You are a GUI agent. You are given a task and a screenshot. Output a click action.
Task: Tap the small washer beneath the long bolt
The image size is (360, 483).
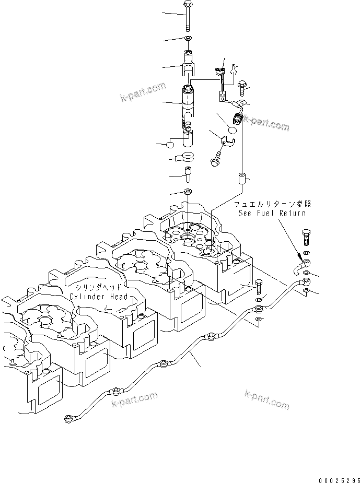(x=188, y=39)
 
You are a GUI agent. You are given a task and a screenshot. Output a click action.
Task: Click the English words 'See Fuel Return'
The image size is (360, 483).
(x=272, y=213)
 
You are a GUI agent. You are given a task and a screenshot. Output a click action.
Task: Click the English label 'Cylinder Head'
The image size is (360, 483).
(x=99, y=297)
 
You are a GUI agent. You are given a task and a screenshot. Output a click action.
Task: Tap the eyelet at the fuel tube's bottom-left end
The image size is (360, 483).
(x=69, y=417)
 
